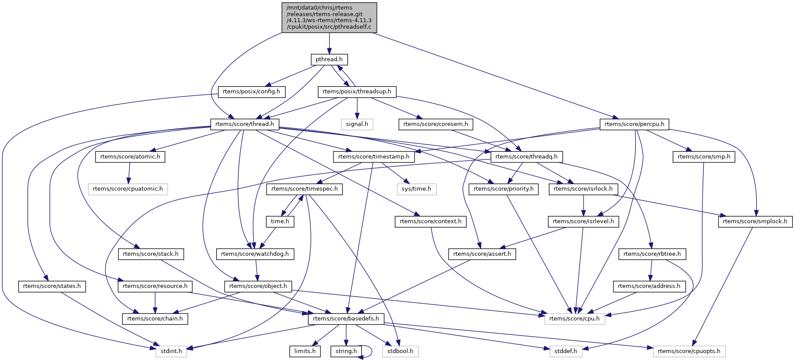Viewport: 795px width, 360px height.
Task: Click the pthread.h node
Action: click(x=329, y=59)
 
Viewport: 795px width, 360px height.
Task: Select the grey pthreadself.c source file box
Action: click(x=329, y=17)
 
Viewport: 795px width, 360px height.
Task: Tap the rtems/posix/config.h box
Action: click(x=251, y=92)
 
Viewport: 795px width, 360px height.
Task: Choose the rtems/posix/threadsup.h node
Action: click(x=357, y=92)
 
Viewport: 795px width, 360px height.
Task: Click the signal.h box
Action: click(x=357, y=124)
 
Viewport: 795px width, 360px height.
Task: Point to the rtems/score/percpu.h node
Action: click(x=634, y=124)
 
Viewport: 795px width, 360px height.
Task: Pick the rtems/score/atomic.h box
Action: click(x=130, y=157)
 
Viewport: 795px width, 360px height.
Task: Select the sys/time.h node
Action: click(x=416, y=189)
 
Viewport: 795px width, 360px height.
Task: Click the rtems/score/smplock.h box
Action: click(x=755, y=221)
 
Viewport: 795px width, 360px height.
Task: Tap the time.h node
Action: click(x=280, y=221)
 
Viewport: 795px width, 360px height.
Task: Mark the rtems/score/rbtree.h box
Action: click(x=652, y=254)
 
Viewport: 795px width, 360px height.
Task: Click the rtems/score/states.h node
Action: click(x=52, y=286)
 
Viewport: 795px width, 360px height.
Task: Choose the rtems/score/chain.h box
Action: click(x=155, y=319)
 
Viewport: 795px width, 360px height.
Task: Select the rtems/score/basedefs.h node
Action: click(x=346, y=319)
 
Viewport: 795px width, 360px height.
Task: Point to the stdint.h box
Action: click(x=171, y=351)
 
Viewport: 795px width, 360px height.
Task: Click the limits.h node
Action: click(x=305, y=351)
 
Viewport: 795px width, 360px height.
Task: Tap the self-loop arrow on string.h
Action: click(x=371, y=351)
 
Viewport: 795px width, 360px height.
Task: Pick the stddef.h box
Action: click(x=566, y=351)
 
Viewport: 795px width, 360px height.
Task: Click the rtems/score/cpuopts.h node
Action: click(x=689, y=351)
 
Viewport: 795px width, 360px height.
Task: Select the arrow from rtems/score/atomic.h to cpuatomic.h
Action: click(x=129, y=173)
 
